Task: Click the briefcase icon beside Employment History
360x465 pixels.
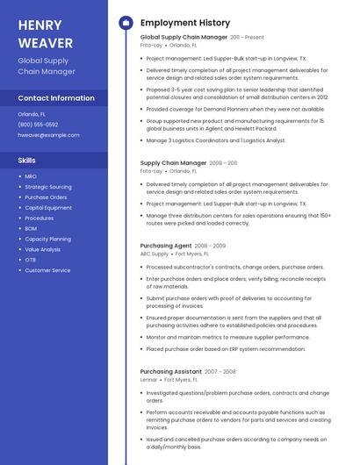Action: point(126,22)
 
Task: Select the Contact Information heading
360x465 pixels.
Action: point(56,98)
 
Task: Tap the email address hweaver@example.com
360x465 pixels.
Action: point(48,135)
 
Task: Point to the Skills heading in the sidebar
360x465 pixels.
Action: point(27,160)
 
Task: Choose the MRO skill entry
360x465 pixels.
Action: point(31,176)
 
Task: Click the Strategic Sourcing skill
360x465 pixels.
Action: point(48,187)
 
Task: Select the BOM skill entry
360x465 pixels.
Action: point(31,228)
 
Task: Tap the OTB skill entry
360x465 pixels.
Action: point(30,260)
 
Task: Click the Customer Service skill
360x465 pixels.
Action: point(47,270)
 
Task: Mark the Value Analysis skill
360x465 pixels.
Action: point(43,249)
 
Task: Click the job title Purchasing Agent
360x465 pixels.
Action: point(166,246)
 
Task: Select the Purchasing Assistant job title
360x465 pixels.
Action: point(171,371)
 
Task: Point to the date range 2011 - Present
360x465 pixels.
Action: point(247,38)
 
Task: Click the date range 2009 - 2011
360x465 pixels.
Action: point(223,163)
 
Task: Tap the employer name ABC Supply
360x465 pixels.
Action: point(154,254)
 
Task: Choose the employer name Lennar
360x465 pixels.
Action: point(148,380)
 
